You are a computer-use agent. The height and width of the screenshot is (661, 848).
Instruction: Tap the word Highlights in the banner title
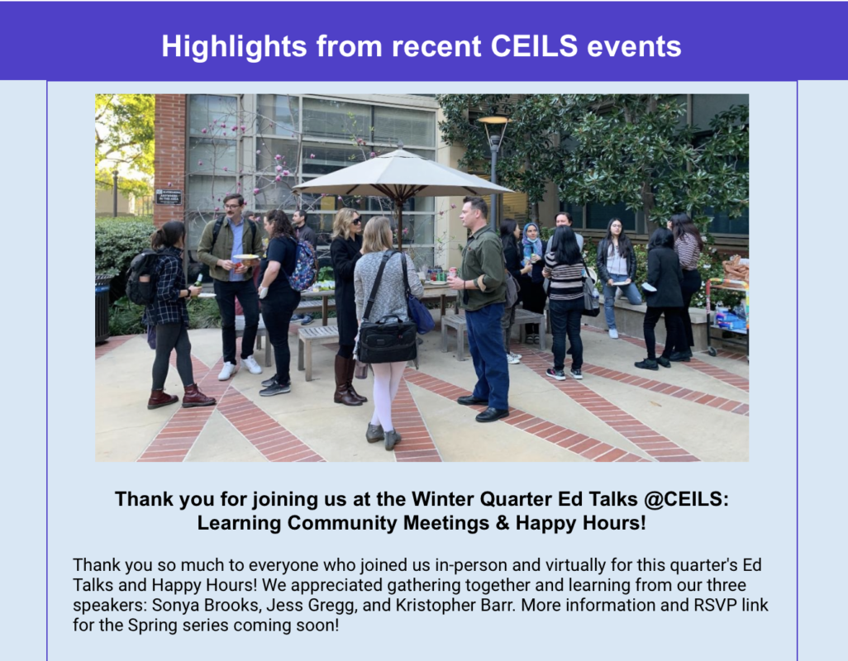234,46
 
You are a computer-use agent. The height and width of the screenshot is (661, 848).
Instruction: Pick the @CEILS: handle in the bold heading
686,499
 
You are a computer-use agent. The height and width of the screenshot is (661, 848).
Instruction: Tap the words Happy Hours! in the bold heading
581,523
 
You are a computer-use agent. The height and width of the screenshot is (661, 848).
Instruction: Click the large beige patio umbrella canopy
403,173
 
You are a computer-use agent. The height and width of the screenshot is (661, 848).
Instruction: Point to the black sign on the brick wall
169,197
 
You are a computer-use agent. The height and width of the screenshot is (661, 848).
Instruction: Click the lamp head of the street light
493,121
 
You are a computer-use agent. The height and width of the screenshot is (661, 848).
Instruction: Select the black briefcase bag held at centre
387,340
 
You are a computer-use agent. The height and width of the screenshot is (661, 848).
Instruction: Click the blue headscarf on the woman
532,241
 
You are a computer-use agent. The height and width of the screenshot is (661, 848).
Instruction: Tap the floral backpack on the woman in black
303,265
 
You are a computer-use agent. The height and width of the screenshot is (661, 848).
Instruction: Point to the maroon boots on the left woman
181,397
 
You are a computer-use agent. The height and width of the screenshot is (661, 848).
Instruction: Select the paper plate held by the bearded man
245,258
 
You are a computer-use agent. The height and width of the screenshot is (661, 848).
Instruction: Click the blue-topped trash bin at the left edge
103,309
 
